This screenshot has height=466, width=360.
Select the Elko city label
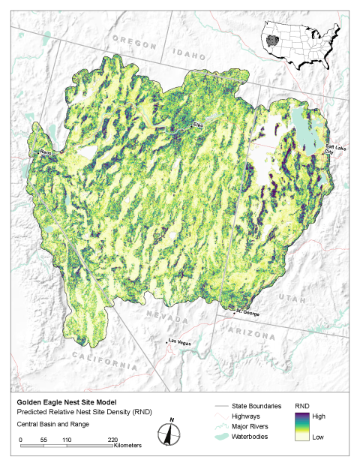pos(198,124)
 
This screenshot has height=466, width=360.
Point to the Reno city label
pos(44,152)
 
